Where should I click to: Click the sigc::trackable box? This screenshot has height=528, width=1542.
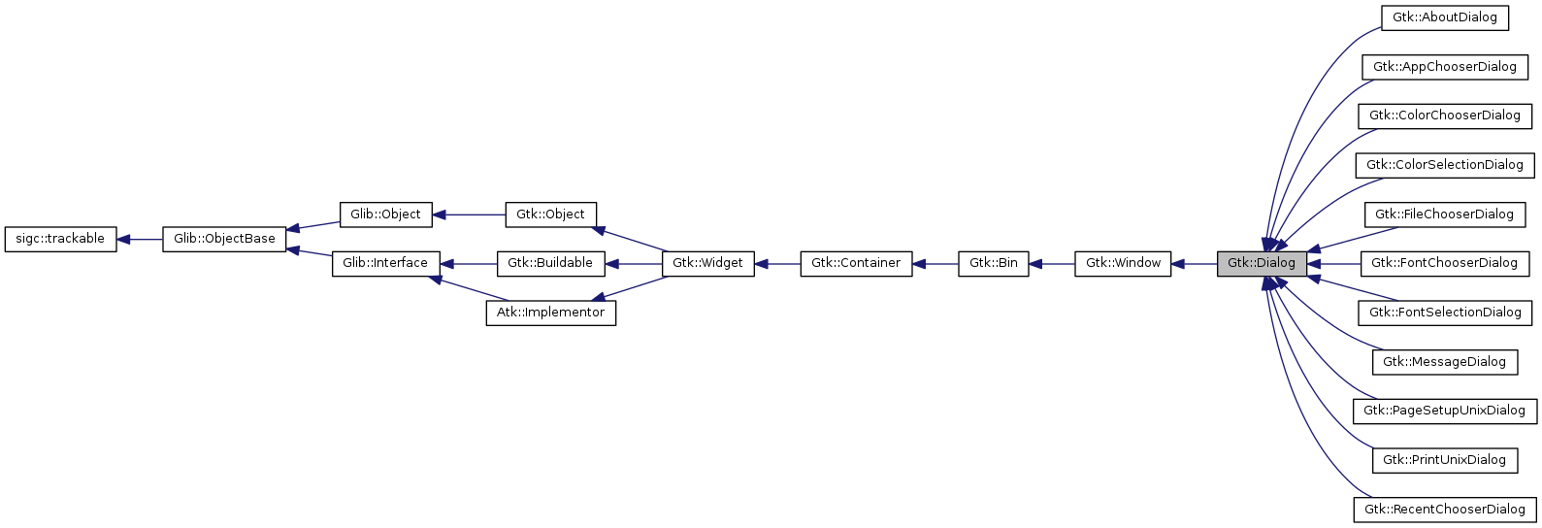tap(60, 239)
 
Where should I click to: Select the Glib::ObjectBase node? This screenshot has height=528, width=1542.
tap(224, 239)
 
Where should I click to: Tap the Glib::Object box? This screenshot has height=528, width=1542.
tap(385, 214)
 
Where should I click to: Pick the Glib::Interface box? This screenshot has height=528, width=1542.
tap(385, 263)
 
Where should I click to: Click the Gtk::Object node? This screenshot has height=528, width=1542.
tap(550, 214)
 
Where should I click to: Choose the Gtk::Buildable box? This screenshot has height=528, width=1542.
tap(550, 263)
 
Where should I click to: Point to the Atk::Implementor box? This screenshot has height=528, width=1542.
tap(550, 313)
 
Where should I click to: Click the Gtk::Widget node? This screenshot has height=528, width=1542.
tap(707, 263)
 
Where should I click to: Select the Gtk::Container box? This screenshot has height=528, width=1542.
tap(856, 263)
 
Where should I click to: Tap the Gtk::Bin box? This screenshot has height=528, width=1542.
tap(993, 263)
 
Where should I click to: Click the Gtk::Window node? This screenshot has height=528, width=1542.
tap(1123, 263)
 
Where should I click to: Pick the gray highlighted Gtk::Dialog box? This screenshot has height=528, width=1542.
tap(1261, 263)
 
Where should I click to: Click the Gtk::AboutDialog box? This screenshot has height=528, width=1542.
tap(1445, 17)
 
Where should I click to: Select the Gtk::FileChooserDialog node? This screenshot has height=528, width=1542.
tap(1444, 214)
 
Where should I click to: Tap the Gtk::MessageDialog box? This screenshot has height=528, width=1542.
tap(1444, 362)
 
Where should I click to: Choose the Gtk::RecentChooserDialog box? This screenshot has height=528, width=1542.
tap(1444, 510)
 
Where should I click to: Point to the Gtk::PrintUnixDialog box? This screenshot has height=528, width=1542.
tap(1444, 460)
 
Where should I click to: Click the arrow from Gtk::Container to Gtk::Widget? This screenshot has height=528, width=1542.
tap(777, 263)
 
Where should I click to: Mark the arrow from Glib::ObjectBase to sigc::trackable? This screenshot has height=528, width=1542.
tap(140, 239)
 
